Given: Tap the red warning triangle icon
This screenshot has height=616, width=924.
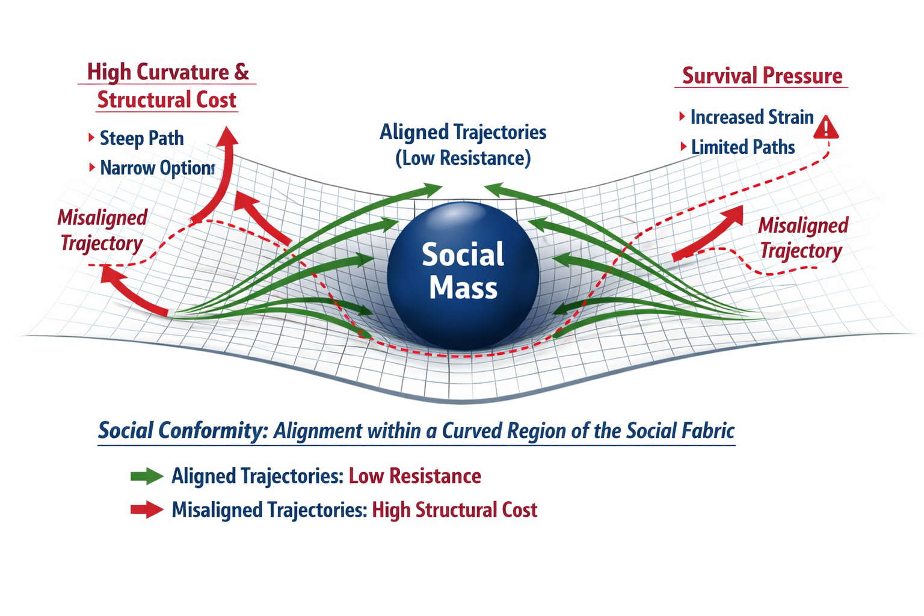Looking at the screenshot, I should (x=826, y=128).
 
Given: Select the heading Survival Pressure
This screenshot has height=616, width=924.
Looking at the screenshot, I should (x=762, y=76).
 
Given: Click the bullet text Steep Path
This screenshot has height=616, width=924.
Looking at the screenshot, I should (x=141, y=138).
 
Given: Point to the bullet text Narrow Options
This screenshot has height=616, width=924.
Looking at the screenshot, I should (x=157, y=168).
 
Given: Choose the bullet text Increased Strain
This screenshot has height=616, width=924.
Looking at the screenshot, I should (x=751, y=117).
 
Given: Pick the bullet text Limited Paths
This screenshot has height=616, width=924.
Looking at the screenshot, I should (x=742, y=147).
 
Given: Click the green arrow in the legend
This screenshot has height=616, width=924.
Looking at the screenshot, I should (x=147, y=476).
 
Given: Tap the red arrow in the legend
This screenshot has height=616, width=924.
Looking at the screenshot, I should (x=147, y=510).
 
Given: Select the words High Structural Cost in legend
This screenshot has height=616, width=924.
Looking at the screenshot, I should (x=454, y=510).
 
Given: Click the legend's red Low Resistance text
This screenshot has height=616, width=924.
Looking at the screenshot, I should (x=414, y=476).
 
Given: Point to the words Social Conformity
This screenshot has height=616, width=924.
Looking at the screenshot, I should (x=182, y=431).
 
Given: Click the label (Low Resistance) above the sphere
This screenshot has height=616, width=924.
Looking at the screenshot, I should (x=463, y=158).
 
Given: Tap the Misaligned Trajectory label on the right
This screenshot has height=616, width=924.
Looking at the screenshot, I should (x=802, y=238).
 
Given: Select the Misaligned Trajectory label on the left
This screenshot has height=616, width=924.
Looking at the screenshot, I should (x=102, y=230).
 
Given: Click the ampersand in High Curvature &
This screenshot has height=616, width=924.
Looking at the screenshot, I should (x=241, y=72).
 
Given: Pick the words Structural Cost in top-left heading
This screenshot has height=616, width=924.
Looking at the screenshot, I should (x=167, y=100).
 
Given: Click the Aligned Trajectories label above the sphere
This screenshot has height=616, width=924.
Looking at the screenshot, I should (x=463, y=132).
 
